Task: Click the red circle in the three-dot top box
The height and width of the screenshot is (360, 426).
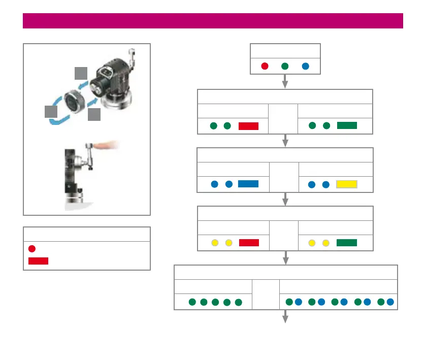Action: [265, 66]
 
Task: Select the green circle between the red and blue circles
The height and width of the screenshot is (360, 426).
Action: [285, 66]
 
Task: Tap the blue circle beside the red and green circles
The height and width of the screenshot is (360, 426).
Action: [305, 66]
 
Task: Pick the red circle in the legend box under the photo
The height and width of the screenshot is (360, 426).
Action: [32, 249]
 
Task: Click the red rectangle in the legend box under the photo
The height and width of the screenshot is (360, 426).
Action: [38, 261]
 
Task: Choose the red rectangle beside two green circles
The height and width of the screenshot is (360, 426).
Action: [249, 126]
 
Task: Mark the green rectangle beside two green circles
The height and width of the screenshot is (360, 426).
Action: [347, 126]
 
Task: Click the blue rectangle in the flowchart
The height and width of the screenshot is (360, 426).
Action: [249, 184]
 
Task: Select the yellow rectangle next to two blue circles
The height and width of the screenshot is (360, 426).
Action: [347, 184]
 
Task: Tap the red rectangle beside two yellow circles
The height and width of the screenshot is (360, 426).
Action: [249, 243]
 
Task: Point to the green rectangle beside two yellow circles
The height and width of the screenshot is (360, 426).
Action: [347, 243]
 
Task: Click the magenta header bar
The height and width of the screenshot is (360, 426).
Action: [213, 21]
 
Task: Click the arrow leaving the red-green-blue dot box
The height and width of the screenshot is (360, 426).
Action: [285, 81]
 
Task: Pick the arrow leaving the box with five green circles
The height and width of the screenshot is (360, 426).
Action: [285, 317]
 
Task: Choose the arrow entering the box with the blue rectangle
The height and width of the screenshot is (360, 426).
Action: [285, 141]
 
